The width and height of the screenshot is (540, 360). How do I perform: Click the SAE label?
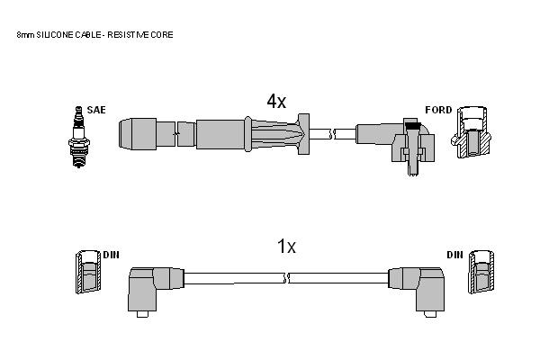96,110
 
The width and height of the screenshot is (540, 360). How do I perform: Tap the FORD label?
438,110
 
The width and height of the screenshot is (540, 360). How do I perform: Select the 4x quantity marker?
276,101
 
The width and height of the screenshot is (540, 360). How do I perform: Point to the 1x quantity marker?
286,247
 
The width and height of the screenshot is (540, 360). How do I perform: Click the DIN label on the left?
112,255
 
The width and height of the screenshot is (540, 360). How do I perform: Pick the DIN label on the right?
454,255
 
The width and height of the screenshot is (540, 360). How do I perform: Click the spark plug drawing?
79,137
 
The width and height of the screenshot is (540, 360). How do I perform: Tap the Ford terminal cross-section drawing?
471,132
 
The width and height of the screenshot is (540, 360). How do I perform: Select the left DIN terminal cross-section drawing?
89,272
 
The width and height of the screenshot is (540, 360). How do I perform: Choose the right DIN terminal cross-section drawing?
481,272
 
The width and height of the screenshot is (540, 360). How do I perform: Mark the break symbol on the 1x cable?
286,278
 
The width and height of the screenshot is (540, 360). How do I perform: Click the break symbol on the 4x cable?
332,134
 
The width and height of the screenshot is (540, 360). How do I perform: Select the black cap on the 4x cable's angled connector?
412,125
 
